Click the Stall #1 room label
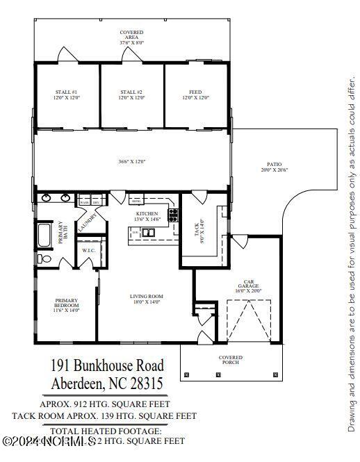pos(67,94)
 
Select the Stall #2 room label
pos(131,94)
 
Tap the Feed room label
pos(195,94)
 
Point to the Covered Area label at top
pos(132,37)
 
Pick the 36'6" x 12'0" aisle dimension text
pos(131,162)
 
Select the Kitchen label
pos(147,216)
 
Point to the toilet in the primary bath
pos(42,258)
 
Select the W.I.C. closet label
pos(88,250)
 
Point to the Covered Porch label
pos(231,360)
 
